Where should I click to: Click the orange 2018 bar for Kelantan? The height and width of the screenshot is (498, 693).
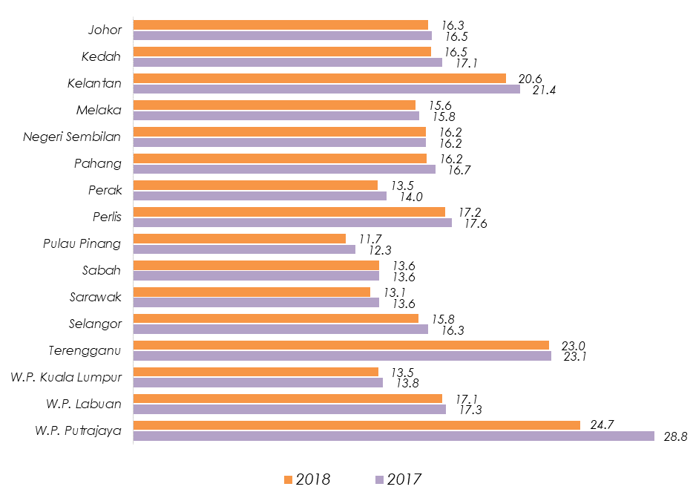pyautogui.click(x=319, y=78)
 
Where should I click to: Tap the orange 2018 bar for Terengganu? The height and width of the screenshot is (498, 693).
pyautogui.click(x=341, y=345)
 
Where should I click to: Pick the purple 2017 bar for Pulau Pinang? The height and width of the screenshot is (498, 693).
pyautogui.click(x=244, y=249)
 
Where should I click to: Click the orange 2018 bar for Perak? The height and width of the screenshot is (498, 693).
pyautogui.click(x=255, y=185)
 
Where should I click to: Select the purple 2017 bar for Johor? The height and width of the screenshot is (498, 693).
pyautogui.click(x=282, y=36)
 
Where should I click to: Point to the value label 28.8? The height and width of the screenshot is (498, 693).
pyautogui.click(x=676, y=437)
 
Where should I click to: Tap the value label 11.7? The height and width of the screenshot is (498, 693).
pyautogui.click(x=370, y=238)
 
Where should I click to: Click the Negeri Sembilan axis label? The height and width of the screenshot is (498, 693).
pyautogui.click(x=72, y=137)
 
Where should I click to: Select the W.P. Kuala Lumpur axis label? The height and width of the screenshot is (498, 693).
pyautogui.click(x=66, y=377)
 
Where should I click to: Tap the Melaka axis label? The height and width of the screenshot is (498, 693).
pyautogui.click(x=99, y=110)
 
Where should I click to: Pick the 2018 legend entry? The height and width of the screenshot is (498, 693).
pyautogui.click(x=306, y=479)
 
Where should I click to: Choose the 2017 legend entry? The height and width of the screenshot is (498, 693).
pyautogui.click(x=397, y=479)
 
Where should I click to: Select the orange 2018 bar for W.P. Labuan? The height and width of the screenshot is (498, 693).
pyautogui.click(x=287, y=399)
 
